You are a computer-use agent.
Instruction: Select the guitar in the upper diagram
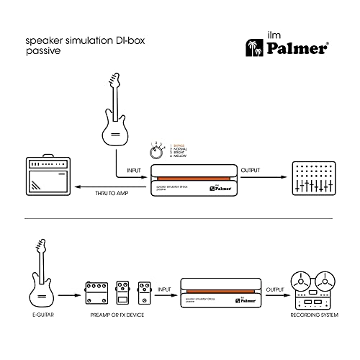tap(114, 116)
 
